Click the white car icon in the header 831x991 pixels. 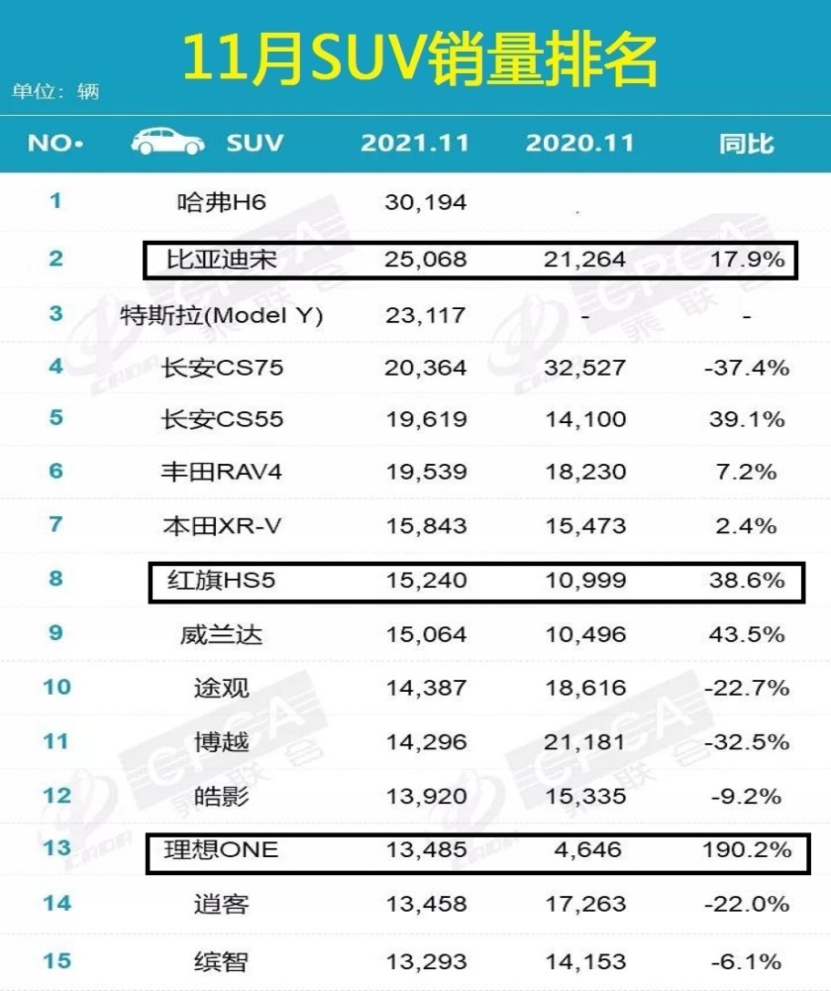pos(167,141)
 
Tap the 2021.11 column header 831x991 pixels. pos(415,143)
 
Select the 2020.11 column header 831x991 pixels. pos(579,143)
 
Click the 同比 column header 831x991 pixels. pos(747,144)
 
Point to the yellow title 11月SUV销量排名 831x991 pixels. pos(420,60)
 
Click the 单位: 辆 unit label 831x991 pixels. pos(55,91)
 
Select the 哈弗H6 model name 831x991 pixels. pos(222,202)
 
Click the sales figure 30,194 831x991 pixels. pos(426,202)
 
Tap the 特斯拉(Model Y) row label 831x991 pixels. pos(222,315)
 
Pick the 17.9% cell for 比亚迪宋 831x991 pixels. pos(748,259)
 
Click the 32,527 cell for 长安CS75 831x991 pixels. pos(584,368)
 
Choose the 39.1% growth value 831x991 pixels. pos(747,419)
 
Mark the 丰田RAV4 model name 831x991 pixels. pos(222,472)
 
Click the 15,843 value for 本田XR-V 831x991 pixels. pos(426,526)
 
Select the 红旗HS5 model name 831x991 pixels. pos(222,580)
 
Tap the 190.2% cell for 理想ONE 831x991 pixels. pos(747,849)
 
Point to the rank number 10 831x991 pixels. pos(56,687)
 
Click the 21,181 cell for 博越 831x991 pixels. pos(584,742)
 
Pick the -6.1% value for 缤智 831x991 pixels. pos(747,962)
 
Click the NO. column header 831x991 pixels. pos(55,144)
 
